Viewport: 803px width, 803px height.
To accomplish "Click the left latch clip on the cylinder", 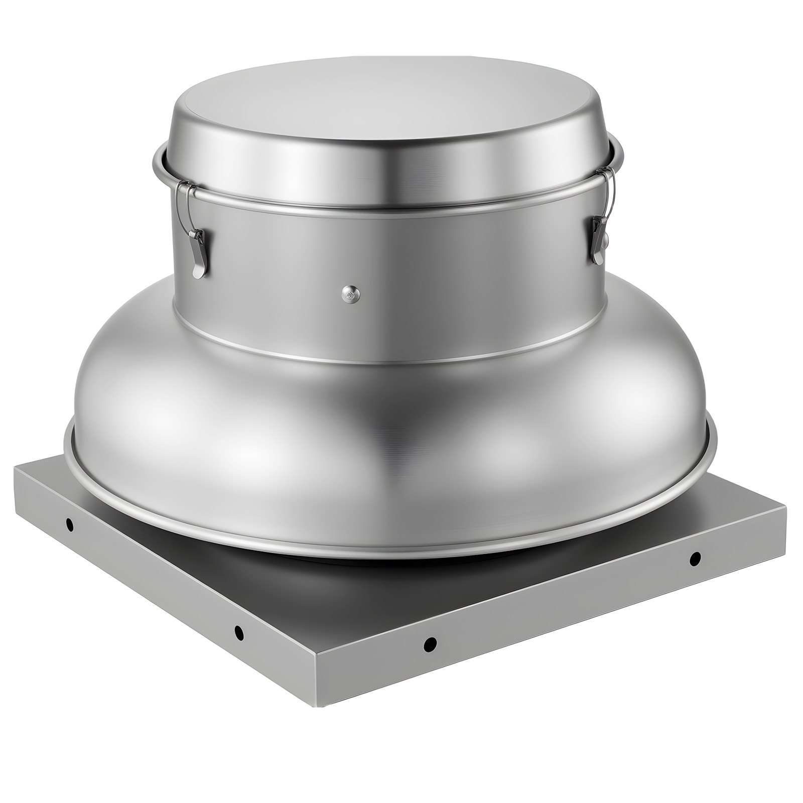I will [x=197, y=251].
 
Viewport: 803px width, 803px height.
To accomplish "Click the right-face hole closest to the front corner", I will [x=430, y=644].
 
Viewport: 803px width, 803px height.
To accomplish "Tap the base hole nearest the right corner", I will [x=695, y=558].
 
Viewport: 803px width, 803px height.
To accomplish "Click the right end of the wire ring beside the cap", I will [x=621, y=153].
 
